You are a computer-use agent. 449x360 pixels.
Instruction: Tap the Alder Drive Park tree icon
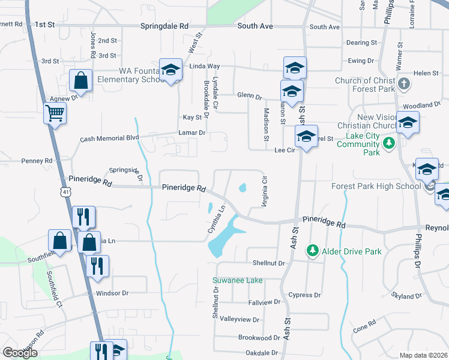[312, 250]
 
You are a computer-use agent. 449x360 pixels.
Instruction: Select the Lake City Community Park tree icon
[390, 143]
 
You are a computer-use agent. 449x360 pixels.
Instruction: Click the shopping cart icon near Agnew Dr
[55, 112]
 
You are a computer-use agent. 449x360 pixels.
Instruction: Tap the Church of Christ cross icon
[404, 84]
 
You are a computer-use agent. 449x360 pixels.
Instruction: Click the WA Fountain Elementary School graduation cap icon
[170, 70]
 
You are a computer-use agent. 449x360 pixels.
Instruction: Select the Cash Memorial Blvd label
[110, 138]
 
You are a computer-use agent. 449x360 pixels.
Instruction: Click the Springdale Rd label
[164, 26]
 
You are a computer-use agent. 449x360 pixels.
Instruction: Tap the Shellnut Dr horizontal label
[268, 263]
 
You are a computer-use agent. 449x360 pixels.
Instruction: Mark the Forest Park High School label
[376, 186]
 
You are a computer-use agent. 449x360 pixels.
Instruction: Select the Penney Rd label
[37, 161]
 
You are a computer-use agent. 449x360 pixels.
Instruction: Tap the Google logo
[20, 353]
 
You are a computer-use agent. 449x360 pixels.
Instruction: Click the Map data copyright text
[424, 355]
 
